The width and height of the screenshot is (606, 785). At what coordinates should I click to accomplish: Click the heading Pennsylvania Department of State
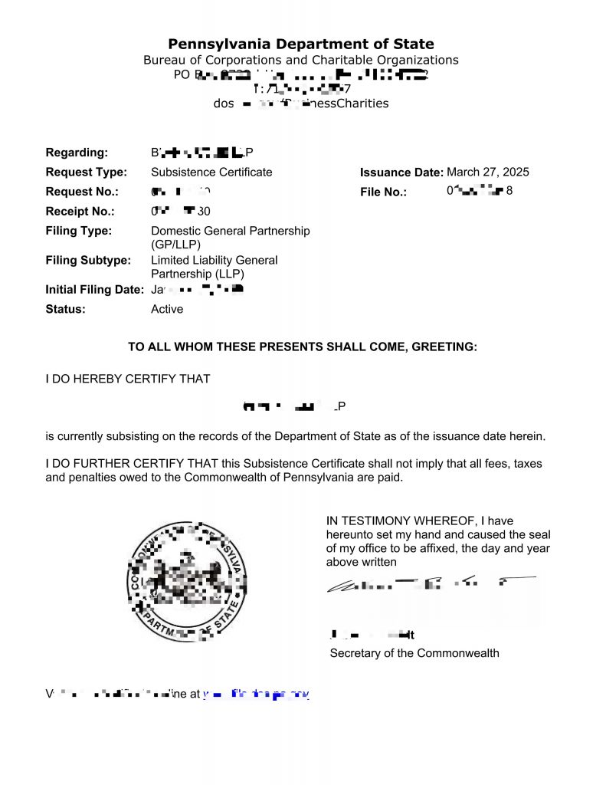(301, 44)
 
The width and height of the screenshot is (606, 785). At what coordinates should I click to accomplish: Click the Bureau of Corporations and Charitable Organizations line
(301, 60)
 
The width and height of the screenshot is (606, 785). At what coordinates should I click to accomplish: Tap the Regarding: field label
(77, 152)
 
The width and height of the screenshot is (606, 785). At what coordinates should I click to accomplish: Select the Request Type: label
(87, 172)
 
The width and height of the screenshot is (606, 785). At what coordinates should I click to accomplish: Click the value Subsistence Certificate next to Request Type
(211, 172)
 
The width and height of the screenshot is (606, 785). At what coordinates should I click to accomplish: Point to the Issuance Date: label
(401, 172)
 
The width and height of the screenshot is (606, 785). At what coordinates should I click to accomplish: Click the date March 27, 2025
(488, 172)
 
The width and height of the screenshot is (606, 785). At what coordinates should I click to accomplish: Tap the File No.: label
(383, 192)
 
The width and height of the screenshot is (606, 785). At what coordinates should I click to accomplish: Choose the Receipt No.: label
(80, 211)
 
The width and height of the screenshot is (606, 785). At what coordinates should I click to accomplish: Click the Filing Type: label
(78, 231)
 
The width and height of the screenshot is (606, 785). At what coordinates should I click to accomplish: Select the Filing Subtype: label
(87, 260)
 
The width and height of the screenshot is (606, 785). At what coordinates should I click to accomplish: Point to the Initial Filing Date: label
(94, 290)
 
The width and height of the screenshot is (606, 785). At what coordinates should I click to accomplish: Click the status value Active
(167, 309)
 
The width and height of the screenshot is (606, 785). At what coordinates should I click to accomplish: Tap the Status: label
(66, 309)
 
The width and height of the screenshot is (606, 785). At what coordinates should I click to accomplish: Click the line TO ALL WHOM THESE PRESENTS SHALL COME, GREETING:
(303, 347)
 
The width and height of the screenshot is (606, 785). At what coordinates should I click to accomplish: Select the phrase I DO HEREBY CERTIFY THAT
(128, 378)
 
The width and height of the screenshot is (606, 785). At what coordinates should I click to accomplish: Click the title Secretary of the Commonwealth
(414, 653)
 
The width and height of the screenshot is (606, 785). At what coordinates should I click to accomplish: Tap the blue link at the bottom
(257, 695)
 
